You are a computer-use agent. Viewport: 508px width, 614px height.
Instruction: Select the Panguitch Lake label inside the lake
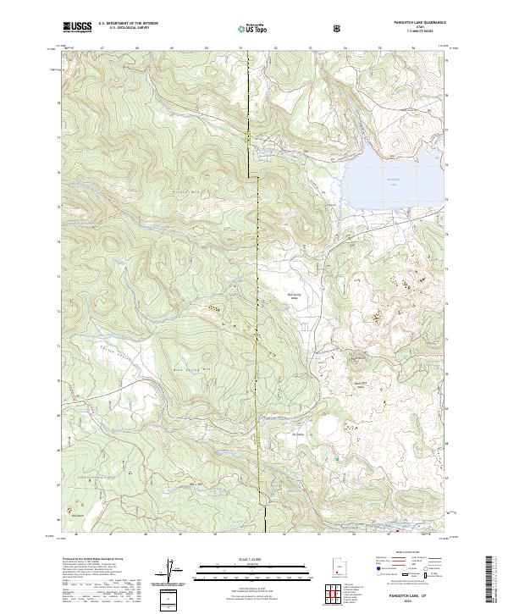[392, 180]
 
